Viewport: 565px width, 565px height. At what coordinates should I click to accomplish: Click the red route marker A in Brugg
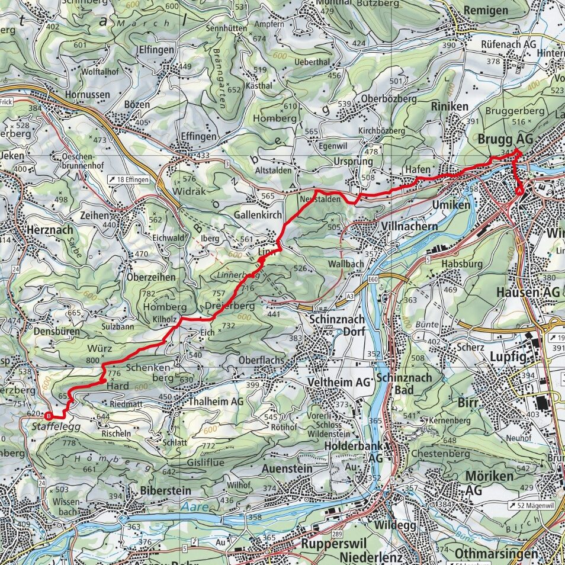520,191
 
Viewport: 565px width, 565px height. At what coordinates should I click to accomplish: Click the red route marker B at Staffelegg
49,415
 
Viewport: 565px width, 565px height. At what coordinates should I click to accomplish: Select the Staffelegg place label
47,425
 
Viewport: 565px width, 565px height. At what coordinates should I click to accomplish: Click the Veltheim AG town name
339,383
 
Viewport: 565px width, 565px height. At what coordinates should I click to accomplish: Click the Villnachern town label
402,226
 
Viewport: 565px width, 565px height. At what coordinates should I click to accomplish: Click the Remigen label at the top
486,10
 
